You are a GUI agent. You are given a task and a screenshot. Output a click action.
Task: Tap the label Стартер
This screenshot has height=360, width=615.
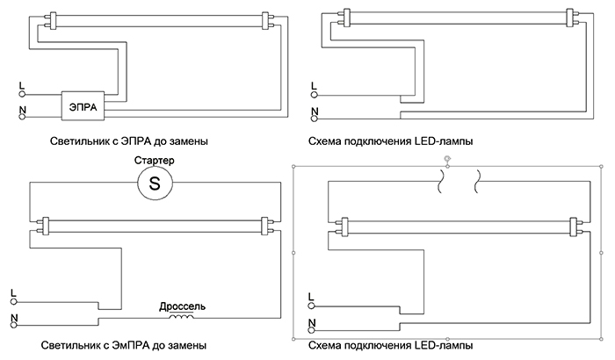(x=154, y=162)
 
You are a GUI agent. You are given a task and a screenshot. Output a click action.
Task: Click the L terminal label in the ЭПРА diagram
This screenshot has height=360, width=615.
(x=21, y=86)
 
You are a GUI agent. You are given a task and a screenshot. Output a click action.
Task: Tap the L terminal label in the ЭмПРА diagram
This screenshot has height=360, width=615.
(x=12, y=292)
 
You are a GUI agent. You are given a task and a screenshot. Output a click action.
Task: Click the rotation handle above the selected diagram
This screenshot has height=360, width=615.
(x=449, y=159)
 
